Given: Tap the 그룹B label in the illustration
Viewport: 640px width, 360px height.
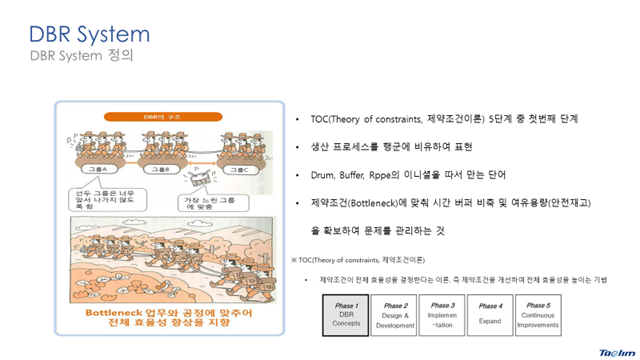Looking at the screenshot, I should click(163, 170).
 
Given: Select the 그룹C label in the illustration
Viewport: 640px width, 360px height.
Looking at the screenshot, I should click(239, 170).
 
